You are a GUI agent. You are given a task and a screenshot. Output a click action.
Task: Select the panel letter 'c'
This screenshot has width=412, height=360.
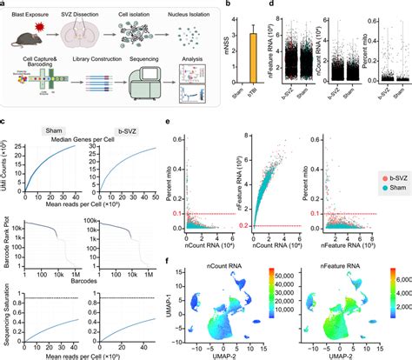5,120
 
